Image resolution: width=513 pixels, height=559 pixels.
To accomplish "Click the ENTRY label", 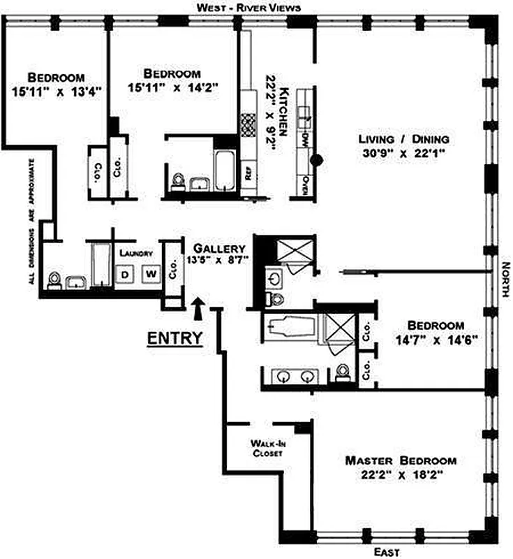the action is click(174, 338).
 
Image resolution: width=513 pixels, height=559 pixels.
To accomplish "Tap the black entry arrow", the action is click(198, 309).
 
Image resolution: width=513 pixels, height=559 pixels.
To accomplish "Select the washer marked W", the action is click(151, 274).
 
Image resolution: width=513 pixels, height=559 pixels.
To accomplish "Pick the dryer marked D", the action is click(125, 274).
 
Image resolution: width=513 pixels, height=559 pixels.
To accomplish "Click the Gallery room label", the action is click(219, 248).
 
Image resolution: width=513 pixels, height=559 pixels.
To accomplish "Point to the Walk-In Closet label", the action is click(268, 448).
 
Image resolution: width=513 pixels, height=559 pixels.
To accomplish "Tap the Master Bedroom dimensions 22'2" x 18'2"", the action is click(401, 475).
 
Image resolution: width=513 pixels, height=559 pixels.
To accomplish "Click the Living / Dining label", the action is click(403, 138).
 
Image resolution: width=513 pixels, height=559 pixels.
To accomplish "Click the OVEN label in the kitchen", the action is click(305, 185).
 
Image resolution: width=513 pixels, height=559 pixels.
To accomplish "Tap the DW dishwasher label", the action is click(305, 138).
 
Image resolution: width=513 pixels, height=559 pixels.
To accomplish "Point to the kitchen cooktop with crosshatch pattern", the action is click(248, 125).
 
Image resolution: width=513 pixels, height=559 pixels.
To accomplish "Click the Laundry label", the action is click(136, 253).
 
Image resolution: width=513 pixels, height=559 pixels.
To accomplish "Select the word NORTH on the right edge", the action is click(505, 279).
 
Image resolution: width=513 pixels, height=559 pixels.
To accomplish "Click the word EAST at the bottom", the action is click(387, 552).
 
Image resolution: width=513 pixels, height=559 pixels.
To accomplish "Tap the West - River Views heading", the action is click(249, 8).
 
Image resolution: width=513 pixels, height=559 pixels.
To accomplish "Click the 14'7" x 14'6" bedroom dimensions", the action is click(436, 340).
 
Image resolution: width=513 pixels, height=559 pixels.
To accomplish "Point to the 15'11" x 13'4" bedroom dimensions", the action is click(57, 92).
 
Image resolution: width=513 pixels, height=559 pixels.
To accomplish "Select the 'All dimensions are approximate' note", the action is click(32, 222).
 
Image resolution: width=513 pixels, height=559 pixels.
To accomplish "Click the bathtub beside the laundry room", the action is click(101, 264).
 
